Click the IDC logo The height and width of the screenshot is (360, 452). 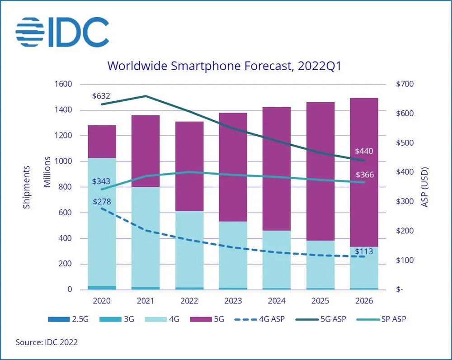62,32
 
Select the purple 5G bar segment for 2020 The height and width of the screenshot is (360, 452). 102,142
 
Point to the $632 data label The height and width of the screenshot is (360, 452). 101,96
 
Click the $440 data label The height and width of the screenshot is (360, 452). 364,151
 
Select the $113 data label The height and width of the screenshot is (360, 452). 364,251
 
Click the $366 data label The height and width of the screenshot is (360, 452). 364,175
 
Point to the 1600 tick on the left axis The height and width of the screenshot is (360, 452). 63,85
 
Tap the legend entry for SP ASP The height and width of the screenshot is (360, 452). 380,319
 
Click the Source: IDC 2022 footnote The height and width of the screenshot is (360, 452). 47,342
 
